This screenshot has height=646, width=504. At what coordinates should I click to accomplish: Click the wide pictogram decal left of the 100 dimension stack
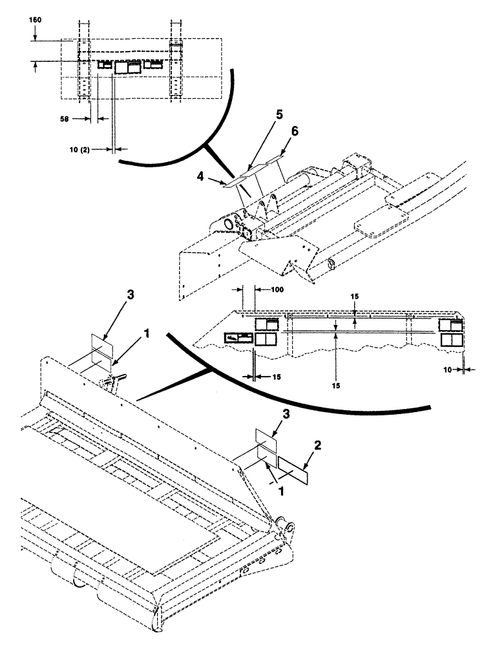[238, 337]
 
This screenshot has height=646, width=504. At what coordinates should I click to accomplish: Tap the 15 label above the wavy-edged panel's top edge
[355, 297]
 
